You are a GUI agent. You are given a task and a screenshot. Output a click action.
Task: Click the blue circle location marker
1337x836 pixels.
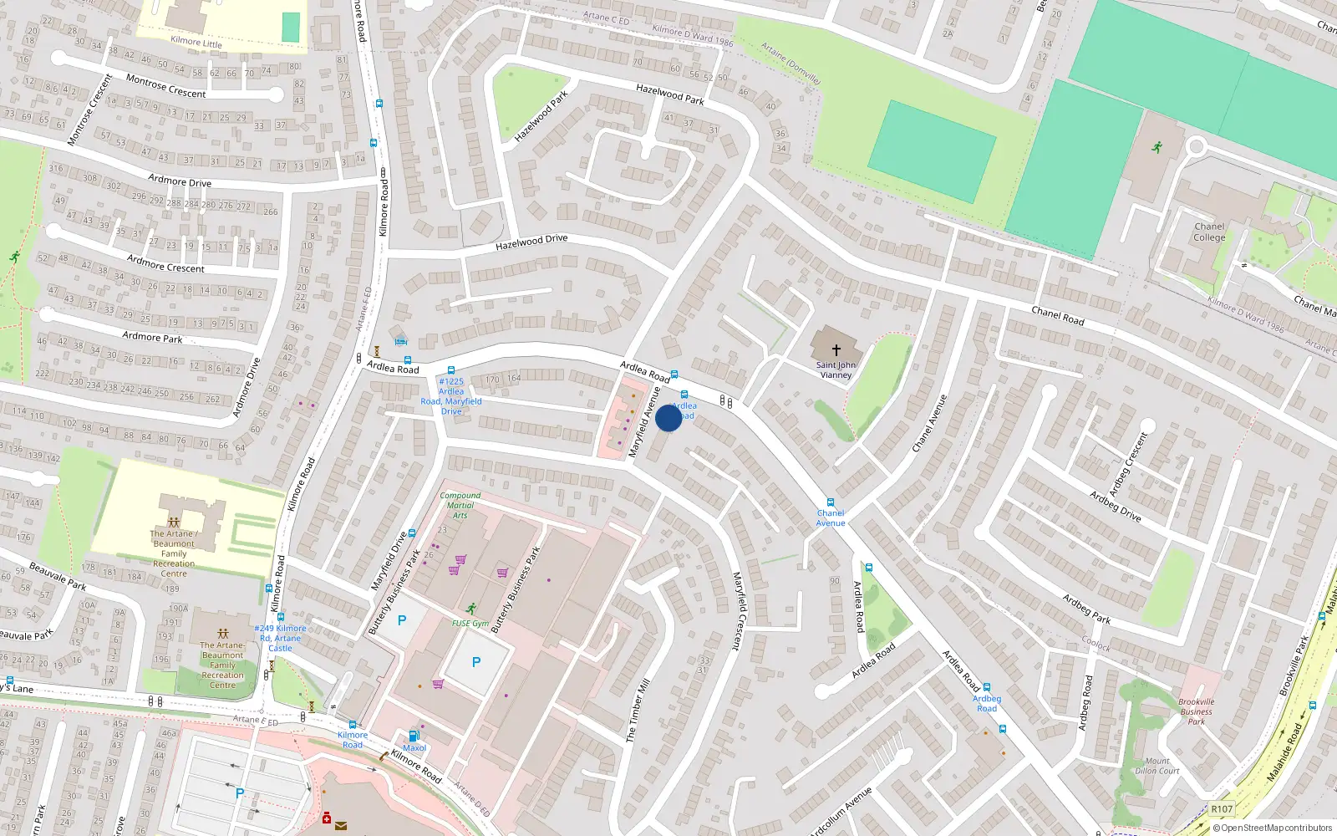point(668,418)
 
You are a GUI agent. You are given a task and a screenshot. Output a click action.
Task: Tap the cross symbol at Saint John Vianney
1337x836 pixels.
point(836,350)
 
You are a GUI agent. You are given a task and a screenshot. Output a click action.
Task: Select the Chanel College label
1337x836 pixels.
point(1209,232)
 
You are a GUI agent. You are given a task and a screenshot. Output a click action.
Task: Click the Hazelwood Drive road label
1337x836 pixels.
point(531,242)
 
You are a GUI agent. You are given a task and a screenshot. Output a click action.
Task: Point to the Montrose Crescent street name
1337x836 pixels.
point(165,86)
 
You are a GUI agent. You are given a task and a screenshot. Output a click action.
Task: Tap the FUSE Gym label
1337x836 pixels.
point(470,623)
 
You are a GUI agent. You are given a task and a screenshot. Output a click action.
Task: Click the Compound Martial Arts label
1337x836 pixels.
point(460,505)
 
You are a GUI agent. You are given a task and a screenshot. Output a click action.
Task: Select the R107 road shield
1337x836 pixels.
point(1222,809)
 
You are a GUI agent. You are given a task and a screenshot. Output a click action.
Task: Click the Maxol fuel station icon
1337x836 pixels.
point(413,737)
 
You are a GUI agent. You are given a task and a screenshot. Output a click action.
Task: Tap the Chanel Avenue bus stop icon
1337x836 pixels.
point(831,502)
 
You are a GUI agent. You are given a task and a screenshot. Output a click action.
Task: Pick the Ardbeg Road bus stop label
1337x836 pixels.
point(987,703)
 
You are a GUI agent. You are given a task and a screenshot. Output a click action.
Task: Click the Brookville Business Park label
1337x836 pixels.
point(1197,711)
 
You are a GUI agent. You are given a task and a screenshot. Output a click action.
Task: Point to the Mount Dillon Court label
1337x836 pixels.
point(1157,766)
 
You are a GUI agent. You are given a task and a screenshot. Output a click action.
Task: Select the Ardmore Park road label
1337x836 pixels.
point(152,337)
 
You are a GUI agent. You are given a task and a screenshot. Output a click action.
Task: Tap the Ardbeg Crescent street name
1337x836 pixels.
point(1128,465)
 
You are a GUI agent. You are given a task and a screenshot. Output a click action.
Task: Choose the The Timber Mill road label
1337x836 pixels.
point(638,711)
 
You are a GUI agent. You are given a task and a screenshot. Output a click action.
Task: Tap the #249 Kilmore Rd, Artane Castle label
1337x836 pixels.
point(281,638)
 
